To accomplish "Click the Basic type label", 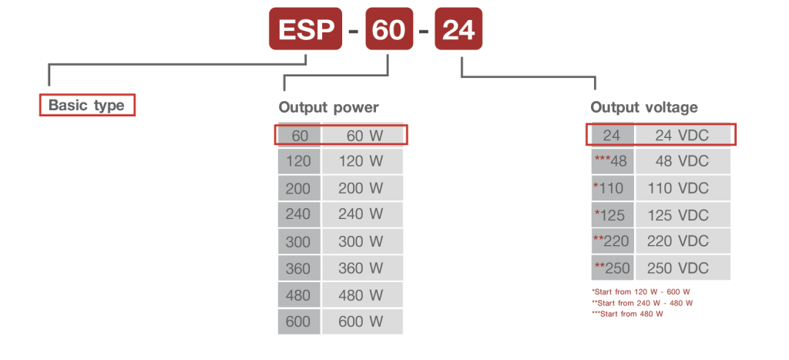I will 86,105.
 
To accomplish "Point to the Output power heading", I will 328,107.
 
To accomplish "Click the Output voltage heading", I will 644,107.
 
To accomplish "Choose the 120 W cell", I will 363,162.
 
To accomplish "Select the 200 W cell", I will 363,188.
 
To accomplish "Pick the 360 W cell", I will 363,268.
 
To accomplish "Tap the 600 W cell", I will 363,321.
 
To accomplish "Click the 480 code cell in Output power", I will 298,295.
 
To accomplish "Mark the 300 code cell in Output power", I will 298,241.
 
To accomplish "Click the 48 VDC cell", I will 683,162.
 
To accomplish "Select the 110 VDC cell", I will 683,188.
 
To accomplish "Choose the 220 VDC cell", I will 683,241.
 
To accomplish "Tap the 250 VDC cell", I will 683,268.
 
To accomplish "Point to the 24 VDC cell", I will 683,136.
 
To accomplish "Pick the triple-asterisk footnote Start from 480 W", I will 627,314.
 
